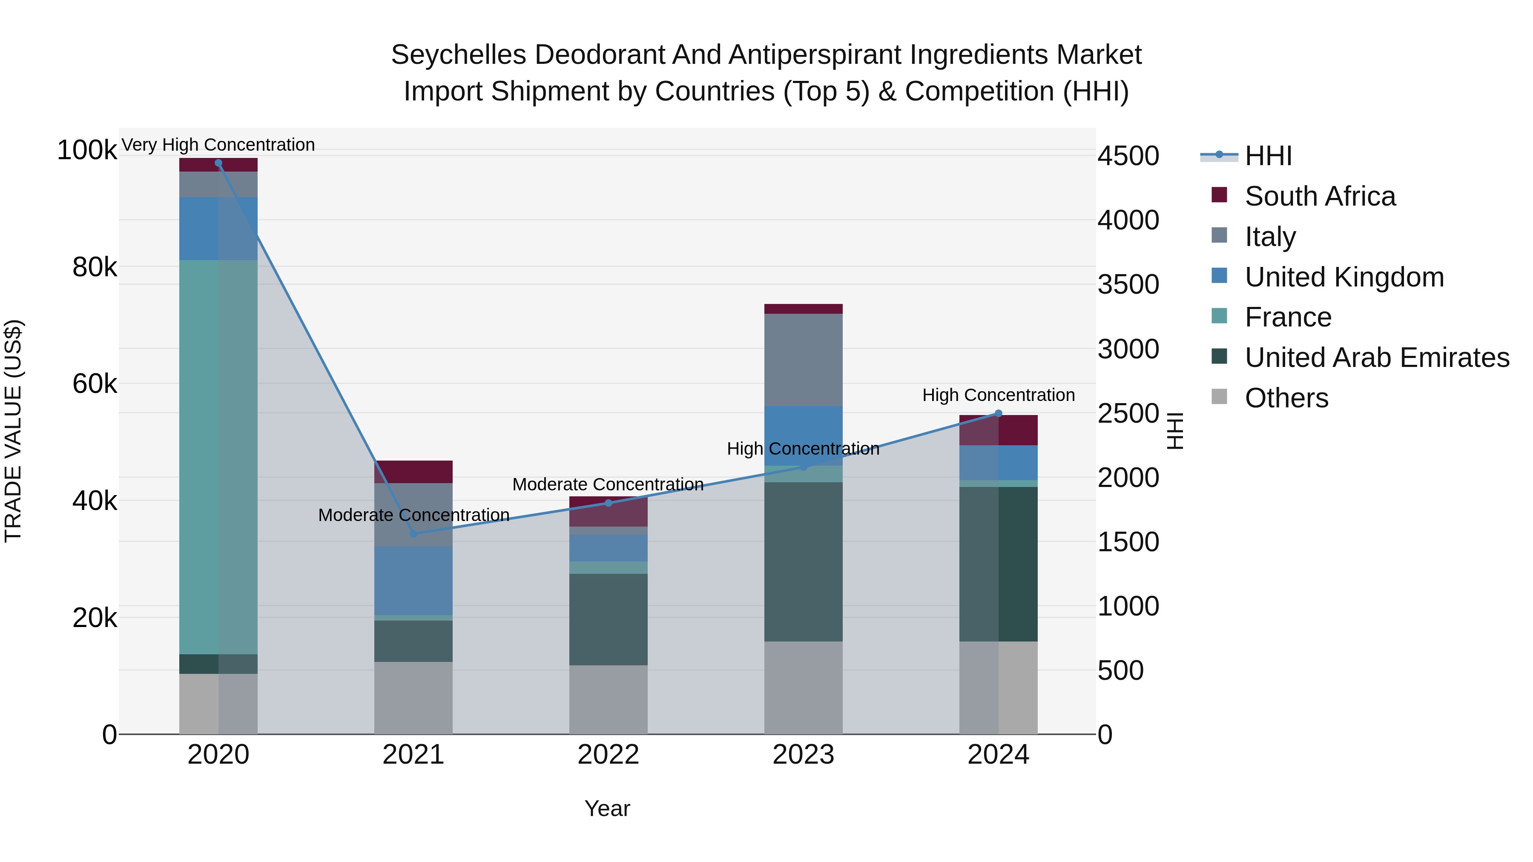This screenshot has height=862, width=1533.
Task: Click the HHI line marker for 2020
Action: tap(218, 163)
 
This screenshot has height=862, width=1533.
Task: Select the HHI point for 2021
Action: tap(413, 534)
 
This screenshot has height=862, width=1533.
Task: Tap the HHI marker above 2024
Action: tap(999, 413)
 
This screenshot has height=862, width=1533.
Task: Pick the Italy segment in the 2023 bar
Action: tap(804, 360)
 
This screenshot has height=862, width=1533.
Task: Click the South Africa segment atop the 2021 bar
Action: tap(413, 472)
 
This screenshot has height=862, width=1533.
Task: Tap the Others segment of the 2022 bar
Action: tap(608, 699)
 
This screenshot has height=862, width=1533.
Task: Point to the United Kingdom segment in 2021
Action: tap(413, 581)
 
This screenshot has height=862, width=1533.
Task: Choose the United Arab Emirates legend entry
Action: tap(1376, 358)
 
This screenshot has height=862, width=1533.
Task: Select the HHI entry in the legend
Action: tap(1268, 156)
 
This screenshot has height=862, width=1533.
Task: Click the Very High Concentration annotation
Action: tap(218, 145)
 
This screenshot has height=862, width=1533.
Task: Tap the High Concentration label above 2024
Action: tap(999, 395)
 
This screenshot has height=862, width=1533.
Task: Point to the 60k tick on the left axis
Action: tap(95, 384)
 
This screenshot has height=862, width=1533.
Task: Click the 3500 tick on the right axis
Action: tap(1128, 284)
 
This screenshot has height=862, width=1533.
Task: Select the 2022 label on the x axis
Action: tap(608, 755)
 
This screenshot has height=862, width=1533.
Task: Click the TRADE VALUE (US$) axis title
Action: tap(13, 431)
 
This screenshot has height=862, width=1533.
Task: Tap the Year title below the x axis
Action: tap(607, 808)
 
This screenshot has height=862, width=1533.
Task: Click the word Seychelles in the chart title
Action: tap(458, 55)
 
